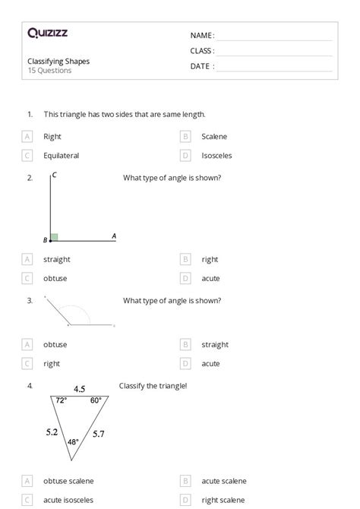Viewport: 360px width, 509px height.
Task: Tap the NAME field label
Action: (x=202, y=36)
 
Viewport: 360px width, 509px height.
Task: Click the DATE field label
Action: (x=202, y=66)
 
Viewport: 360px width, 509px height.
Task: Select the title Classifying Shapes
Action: (x=58, y=61)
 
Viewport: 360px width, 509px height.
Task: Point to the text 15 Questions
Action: (x=50, y=71)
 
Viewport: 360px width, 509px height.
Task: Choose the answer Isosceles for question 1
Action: (x=216, y=156)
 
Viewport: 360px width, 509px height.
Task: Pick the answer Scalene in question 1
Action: (x=214, y=137)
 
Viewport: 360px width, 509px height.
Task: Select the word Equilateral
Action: (x=62, y=156)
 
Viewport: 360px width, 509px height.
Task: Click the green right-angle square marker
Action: (x=54, y=237)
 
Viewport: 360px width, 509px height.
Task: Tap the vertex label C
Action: (x=55, y=175)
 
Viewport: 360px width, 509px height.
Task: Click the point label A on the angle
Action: (x=114, y=236)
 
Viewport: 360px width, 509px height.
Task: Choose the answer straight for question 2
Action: (x=57, y=259)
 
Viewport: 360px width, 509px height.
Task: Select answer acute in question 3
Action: (x=210, y=364)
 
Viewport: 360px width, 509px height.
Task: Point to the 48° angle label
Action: (x=73, y=441)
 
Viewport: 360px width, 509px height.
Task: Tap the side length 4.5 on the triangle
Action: (x=79, y=389)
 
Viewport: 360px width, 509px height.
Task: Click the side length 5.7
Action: (x=99, y=434)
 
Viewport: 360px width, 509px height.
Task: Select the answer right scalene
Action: (x=223, y=500)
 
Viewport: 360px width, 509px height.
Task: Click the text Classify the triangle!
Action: (x=153, y=386)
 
